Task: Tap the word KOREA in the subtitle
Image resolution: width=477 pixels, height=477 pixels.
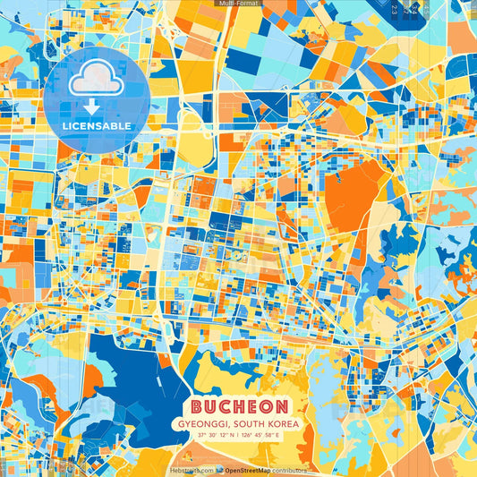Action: [x=284, y=422]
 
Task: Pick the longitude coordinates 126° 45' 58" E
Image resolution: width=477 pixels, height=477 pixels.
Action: [x=260, y=435]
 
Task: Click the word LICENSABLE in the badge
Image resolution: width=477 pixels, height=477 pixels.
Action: [x=97, y=125]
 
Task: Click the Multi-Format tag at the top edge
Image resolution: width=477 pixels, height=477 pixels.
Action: [x=237, y=4]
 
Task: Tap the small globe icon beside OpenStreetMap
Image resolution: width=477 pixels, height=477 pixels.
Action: [x=219, y=469]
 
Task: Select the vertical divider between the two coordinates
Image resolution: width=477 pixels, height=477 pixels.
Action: [x=238, y=435]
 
